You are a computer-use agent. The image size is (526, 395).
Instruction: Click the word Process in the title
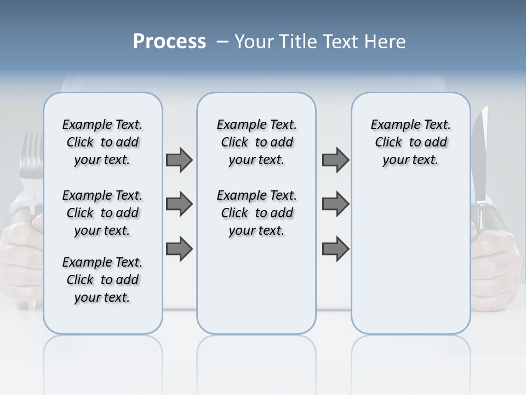click(169, 42)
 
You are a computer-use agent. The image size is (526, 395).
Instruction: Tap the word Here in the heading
click(386, 42)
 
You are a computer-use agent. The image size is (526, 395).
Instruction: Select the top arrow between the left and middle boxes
click(179, 160)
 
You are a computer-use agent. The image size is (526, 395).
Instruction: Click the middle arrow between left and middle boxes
click(179, 204)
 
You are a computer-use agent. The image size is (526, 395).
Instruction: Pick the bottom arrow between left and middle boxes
click(179, 249)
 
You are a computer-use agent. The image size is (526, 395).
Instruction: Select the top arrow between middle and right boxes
click(335, 160)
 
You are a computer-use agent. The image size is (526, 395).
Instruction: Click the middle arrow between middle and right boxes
click(335, 204)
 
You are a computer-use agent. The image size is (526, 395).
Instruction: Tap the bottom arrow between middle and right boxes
click(335, 249)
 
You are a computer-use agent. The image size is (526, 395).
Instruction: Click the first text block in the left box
click(102, 142)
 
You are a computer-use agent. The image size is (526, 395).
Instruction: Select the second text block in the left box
click(102, 213)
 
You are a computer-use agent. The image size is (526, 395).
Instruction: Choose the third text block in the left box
click(102, 280)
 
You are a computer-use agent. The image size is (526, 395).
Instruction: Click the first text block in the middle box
click(257, 142)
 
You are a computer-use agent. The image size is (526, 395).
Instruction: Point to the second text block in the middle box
click(257, 213)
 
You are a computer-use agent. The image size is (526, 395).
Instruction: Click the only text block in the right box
click(411, 142)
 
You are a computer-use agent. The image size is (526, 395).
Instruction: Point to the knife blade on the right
click(481, 154)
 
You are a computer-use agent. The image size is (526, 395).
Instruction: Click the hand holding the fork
click(22, 247)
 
